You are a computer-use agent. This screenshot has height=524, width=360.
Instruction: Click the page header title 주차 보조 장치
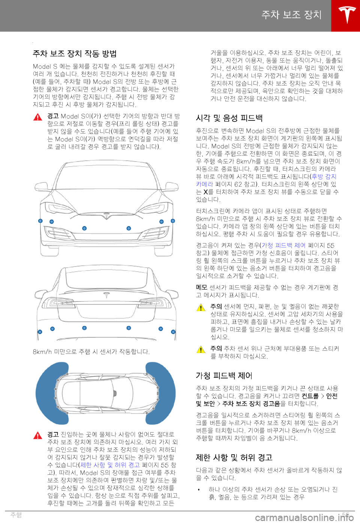tap(291, 15)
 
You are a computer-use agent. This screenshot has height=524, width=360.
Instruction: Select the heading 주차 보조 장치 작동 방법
tap(75, 54)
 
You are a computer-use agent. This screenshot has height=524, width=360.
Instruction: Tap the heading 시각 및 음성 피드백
tap(229, 118)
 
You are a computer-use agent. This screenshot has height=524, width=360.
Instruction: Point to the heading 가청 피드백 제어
tap(224, 376)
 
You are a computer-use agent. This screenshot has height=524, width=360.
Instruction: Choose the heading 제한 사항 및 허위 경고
tap(234, 458)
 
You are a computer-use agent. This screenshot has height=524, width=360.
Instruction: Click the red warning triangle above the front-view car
tap(38, 117)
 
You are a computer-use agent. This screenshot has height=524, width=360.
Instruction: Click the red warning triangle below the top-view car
tap(38, 435)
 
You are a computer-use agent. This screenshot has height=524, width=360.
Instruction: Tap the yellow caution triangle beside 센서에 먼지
tap(201, 308)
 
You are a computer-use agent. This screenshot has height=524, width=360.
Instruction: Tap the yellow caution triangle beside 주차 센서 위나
tap(201, 350)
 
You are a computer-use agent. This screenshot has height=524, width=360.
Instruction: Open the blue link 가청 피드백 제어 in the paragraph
tap(283, 245)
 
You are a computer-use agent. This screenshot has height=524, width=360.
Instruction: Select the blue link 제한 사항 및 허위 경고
tap(110, 465)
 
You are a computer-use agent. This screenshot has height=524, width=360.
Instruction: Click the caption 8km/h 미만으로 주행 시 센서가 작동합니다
tap(91, 352)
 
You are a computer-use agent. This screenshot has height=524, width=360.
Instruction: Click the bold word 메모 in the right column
tap(201, 288)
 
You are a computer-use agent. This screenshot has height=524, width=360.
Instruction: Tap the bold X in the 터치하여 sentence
tap(205, 192)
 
